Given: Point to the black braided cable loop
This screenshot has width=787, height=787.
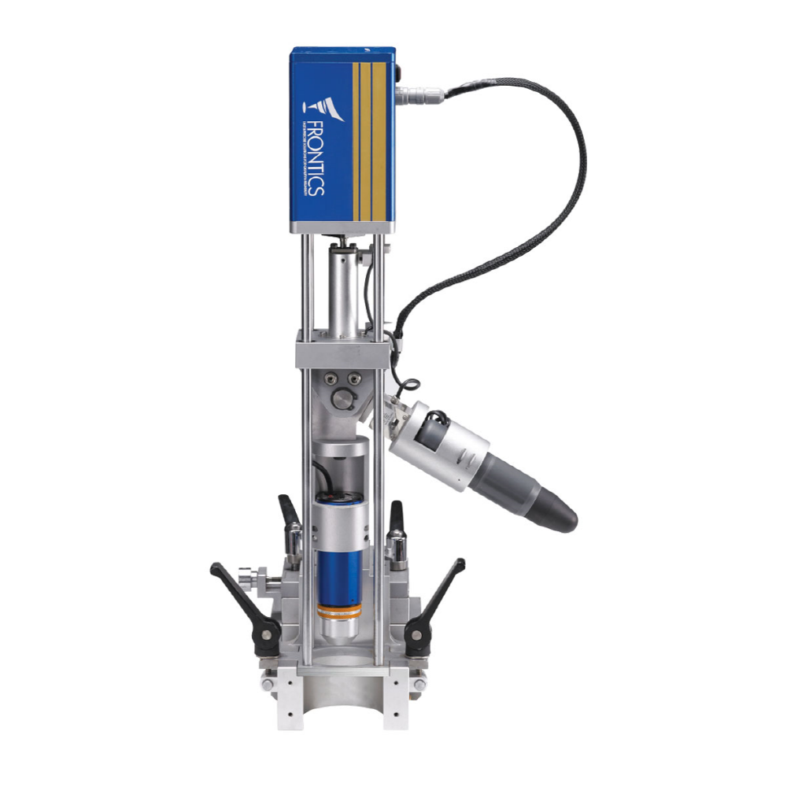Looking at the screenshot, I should (543, 197).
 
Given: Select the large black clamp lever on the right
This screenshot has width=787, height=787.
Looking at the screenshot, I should (437, 598).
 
